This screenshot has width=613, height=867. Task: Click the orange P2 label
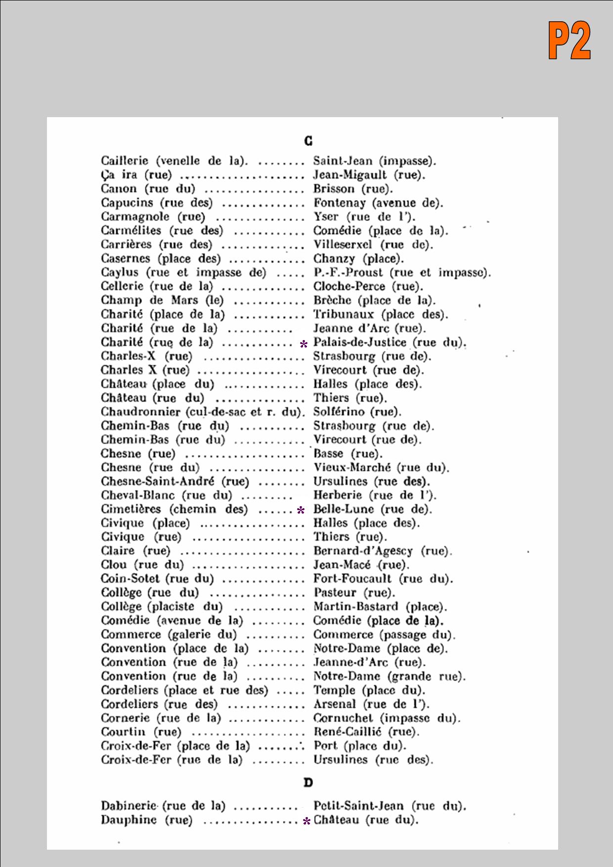tap(569, 41)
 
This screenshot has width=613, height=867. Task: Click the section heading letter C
tap(308, 141)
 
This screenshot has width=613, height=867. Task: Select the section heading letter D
tap(308, 782)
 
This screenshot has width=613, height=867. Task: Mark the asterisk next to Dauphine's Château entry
tap(306, 822)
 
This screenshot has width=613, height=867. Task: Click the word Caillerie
tap(124, 161)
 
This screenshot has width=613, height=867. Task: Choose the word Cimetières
tap(131, 509)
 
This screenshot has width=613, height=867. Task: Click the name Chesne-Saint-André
tap(158, 481)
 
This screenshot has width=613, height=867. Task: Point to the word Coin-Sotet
tap(130, 579)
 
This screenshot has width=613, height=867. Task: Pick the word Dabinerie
tap(129, 806)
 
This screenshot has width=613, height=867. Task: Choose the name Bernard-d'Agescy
tap(363, 551)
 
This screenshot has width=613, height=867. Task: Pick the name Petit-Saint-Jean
tap(358, 806)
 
